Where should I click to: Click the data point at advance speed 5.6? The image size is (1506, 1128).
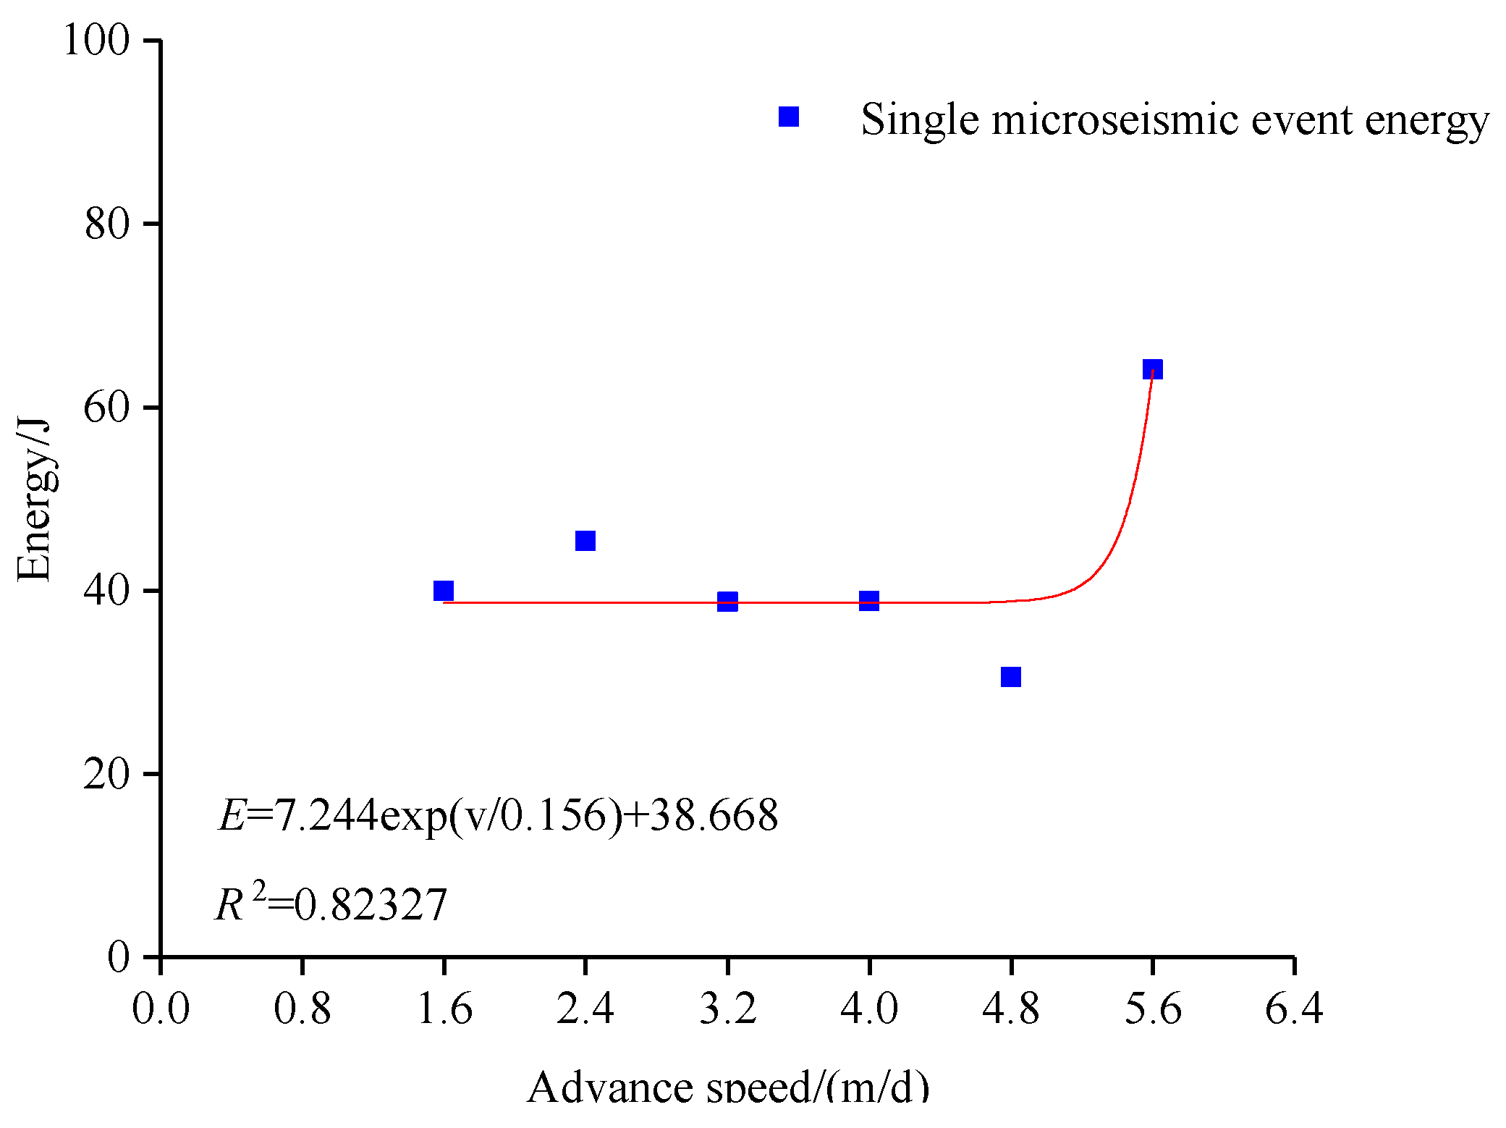point(1152,369)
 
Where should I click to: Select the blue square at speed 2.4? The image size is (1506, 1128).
point(585,541)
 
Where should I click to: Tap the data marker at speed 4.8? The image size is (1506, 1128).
point(1010,677)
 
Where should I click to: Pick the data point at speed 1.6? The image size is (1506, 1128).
point(444,591)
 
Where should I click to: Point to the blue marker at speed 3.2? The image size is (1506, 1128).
point(727,601)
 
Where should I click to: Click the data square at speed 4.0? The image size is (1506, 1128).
point(868,600)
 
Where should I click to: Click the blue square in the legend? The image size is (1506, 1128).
point(788,117)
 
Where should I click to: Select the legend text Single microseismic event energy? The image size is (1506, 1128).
point(1174,120)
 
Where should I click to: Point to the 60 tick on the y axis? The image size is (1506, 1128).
point(106,407)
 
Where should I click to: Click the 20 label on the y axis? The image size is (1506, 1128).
point(106,774)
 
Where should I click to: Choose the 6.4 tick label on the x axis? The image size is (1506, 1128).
point(1294,1008)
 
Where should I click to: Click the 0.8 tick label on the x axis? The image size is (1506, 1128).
point(302,1008)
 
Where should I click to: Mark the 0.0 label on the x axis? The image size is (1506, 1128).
point(161,1008)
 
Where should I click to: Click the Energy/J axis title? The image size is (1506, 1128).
point(34,500)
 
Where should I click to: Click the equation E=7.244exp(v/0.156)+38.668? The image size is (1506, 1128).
point(498,816)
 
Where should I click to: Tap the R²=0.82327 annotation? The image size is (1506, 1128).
point(331,904)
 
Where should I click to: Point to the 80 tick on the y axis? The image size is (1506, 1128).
point(106,224)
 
